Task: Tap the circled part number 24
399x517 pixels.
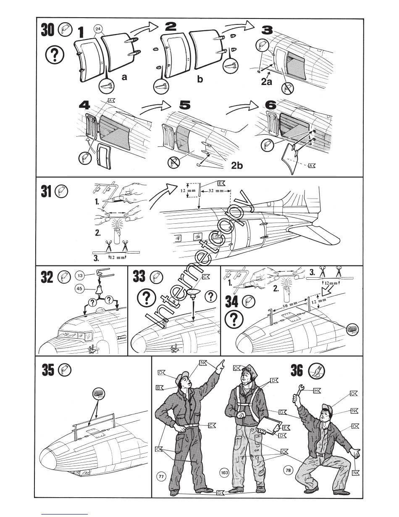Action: coord(98,29)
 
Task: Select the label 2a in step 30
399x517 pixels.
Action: coord(266,82)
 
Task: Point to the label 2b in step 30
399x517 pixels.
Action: coord(237,166)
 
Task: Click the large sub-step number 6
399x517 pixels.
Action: coord(271,105)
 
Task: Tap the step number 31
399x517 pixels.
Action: coord(47,192)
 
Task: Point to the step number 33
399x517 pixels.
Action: coord(139,277)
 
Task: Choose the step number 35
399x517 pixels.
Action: coord(48,370)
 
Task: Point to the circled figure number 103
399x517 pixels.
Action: coord(224,473)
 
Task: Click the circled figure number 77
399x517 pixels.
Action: coord(161,476)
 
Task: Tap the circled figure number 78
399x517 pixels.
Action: coord(288,470)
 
